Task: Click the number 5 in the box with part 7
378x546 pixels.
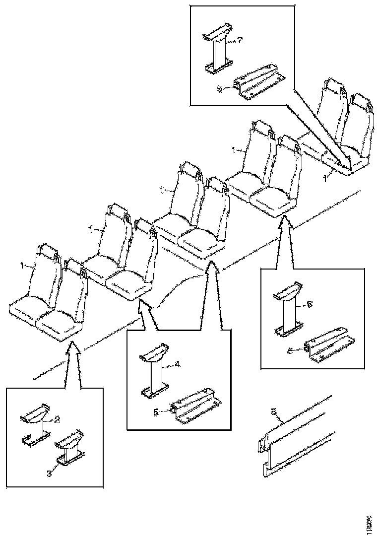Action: [219, 88]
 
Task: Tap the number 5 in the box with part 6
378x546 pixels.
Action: [290, 350]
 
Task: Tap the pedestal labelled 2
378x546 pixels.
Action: [36, 424]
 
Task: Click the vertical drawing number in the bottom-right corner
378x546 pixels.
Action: [368, 524]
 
